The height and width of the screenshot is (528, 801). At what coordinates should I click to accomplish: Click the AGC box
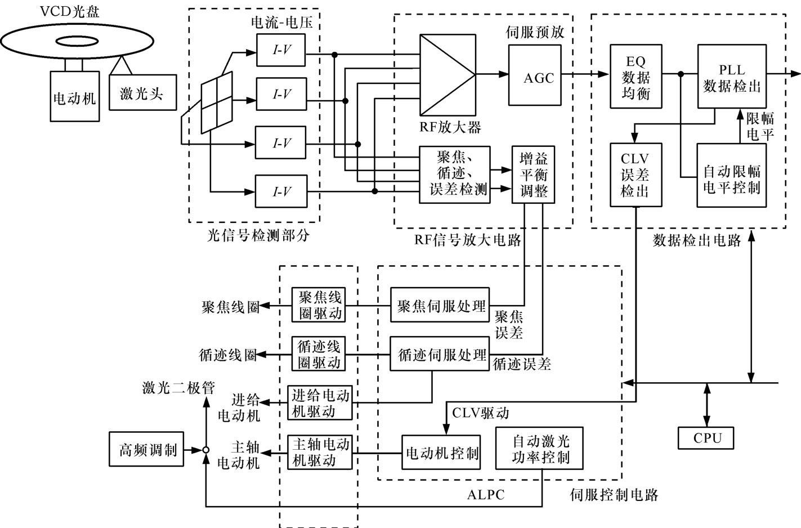[x=535, y=75]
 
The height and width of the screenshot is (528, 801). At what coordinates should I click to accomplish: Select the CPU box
[x=706, y=438]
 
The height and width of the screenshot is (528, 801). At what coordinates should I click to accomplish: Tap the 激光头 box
[x=142, y=92]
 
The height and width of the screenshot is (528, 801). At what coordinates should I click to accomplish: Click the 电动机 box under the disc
[x=75, y=96]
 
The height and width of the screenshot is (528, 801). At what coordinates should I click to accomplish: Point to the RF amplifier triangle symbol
[x=448, y=75]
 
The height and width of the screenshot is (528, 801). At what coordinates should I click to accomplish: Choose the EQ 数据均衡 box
[x=636, y=76]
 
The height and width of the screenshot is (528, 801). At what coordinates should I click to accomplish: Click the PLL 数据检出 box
[x=732, y=76]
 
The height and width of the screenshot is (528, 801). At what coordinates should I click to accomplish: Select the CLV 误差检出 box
[x=636, y=175]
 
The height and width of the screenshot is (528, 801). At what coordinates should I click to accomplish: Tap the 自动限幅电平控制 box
[x=732, y=175]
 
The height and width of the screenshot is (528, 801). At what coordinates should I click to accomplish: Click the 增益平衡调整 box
[x=533, y=174]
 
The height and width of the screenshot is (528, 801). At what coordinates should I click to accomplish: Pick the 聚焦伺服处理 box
[x=440, y=305]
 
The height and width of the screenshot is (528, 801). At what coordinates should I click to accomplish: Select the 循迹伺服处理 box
[x=440, y=354]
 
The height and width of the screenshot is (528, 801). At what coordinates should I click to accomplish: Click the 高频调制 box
[x=146, y=449]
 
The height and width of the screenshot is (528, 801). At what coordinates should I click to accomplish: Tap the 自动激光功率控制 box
[x=539, y=448]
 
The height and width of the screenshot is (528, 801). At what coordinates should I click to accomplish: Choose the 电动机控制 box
[x=441, y=452]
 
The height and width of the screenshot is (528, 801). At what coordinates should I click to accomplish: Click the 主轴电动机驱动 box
[x=320, y=452]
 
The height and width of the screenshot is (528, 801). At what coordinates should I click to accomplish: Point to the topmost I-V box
[x=281, y=50]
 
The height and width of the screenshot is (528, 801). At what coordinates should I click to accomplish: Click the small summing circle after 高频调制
[x=206, y=450]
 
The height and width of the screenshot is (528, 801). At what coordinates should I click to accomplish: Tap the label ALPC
[x=486, y=495]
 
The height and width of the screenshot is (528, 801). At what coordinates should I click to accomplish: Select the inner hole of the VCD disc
[x=77, y=41]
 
